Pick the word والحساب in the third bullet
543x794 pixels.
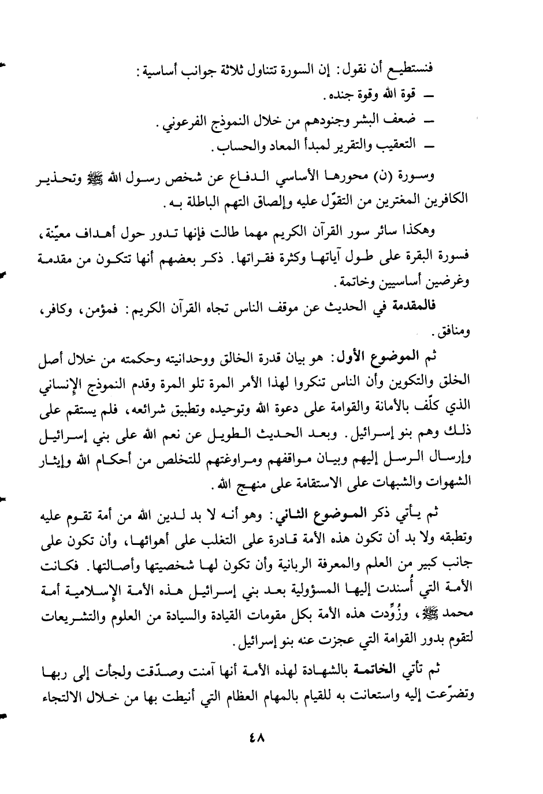tap(229, 148)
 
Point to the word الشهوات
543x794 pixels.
tap(448, 481)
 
